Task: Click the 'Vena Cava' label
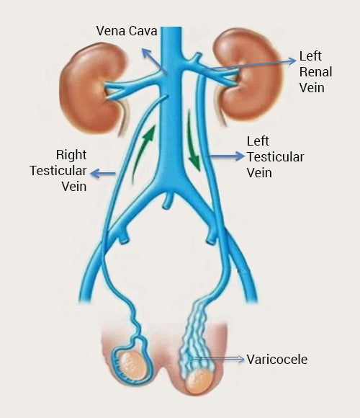pyautogui.click(x=127, y=31)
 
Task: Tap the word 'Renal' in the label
pyautogui.click(x=316, y=72)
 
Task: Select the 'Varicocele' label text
pyautogui.click(x=277, y=360)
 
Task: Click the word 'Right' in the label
pyautogui.click(x=71, y=155)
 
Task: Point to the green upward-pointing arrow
pyautogui.click(x=144, y=154)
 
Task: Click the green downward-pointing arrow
pyautogui.click(x=193, y=141)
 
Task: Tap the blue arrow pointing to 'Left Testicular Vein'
pyautogui.click(x=226, y=156)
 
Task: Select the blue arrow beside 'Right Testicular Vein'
pyautogui.click(x=103, y=174)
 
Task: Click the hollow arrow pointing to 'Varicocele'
pyautogui.click(x=218, y=359)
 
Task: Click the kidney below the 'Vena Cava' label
pyautogui.click(x=92, y=88)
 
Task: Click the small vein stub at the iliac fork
pyautogui.click(x=168, y=200)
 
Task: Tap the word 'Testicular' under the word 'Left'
pyautogui.click(x=275, y=157)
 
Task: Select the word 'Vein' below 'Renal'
pyautogui.click(x=312, y=88)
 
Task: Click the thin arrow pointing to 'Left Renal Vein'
pyautogui.click(x=249, y=65)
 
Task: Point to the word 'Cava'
pyautogui.click(x=143, y=31)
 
